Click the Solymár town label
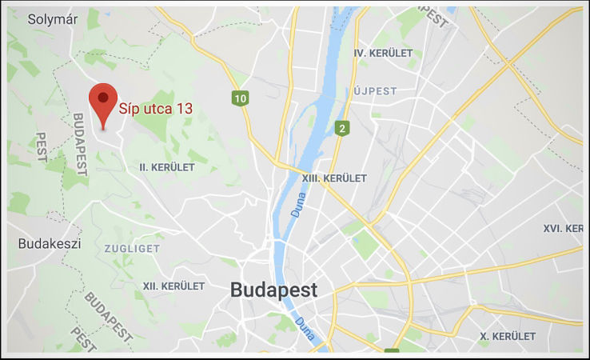tap(53, 20)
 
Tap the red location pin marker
tap(102, 105)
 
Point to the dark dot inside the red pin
tap(102, 97)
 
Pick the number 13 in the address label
tap(185, 110)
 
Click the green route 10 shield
tap(239, 98)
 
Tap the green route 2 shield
tap(341, 128)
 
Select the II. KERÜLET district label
tap(167, 167)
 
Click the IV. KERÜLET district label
tap(383, 53)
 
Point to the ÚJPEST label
tap(375, 91)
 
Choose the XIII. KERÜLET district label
tap(334, 178)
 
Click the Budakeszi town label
tap(49, 243)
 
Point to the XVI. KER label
tap(563, 228)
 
